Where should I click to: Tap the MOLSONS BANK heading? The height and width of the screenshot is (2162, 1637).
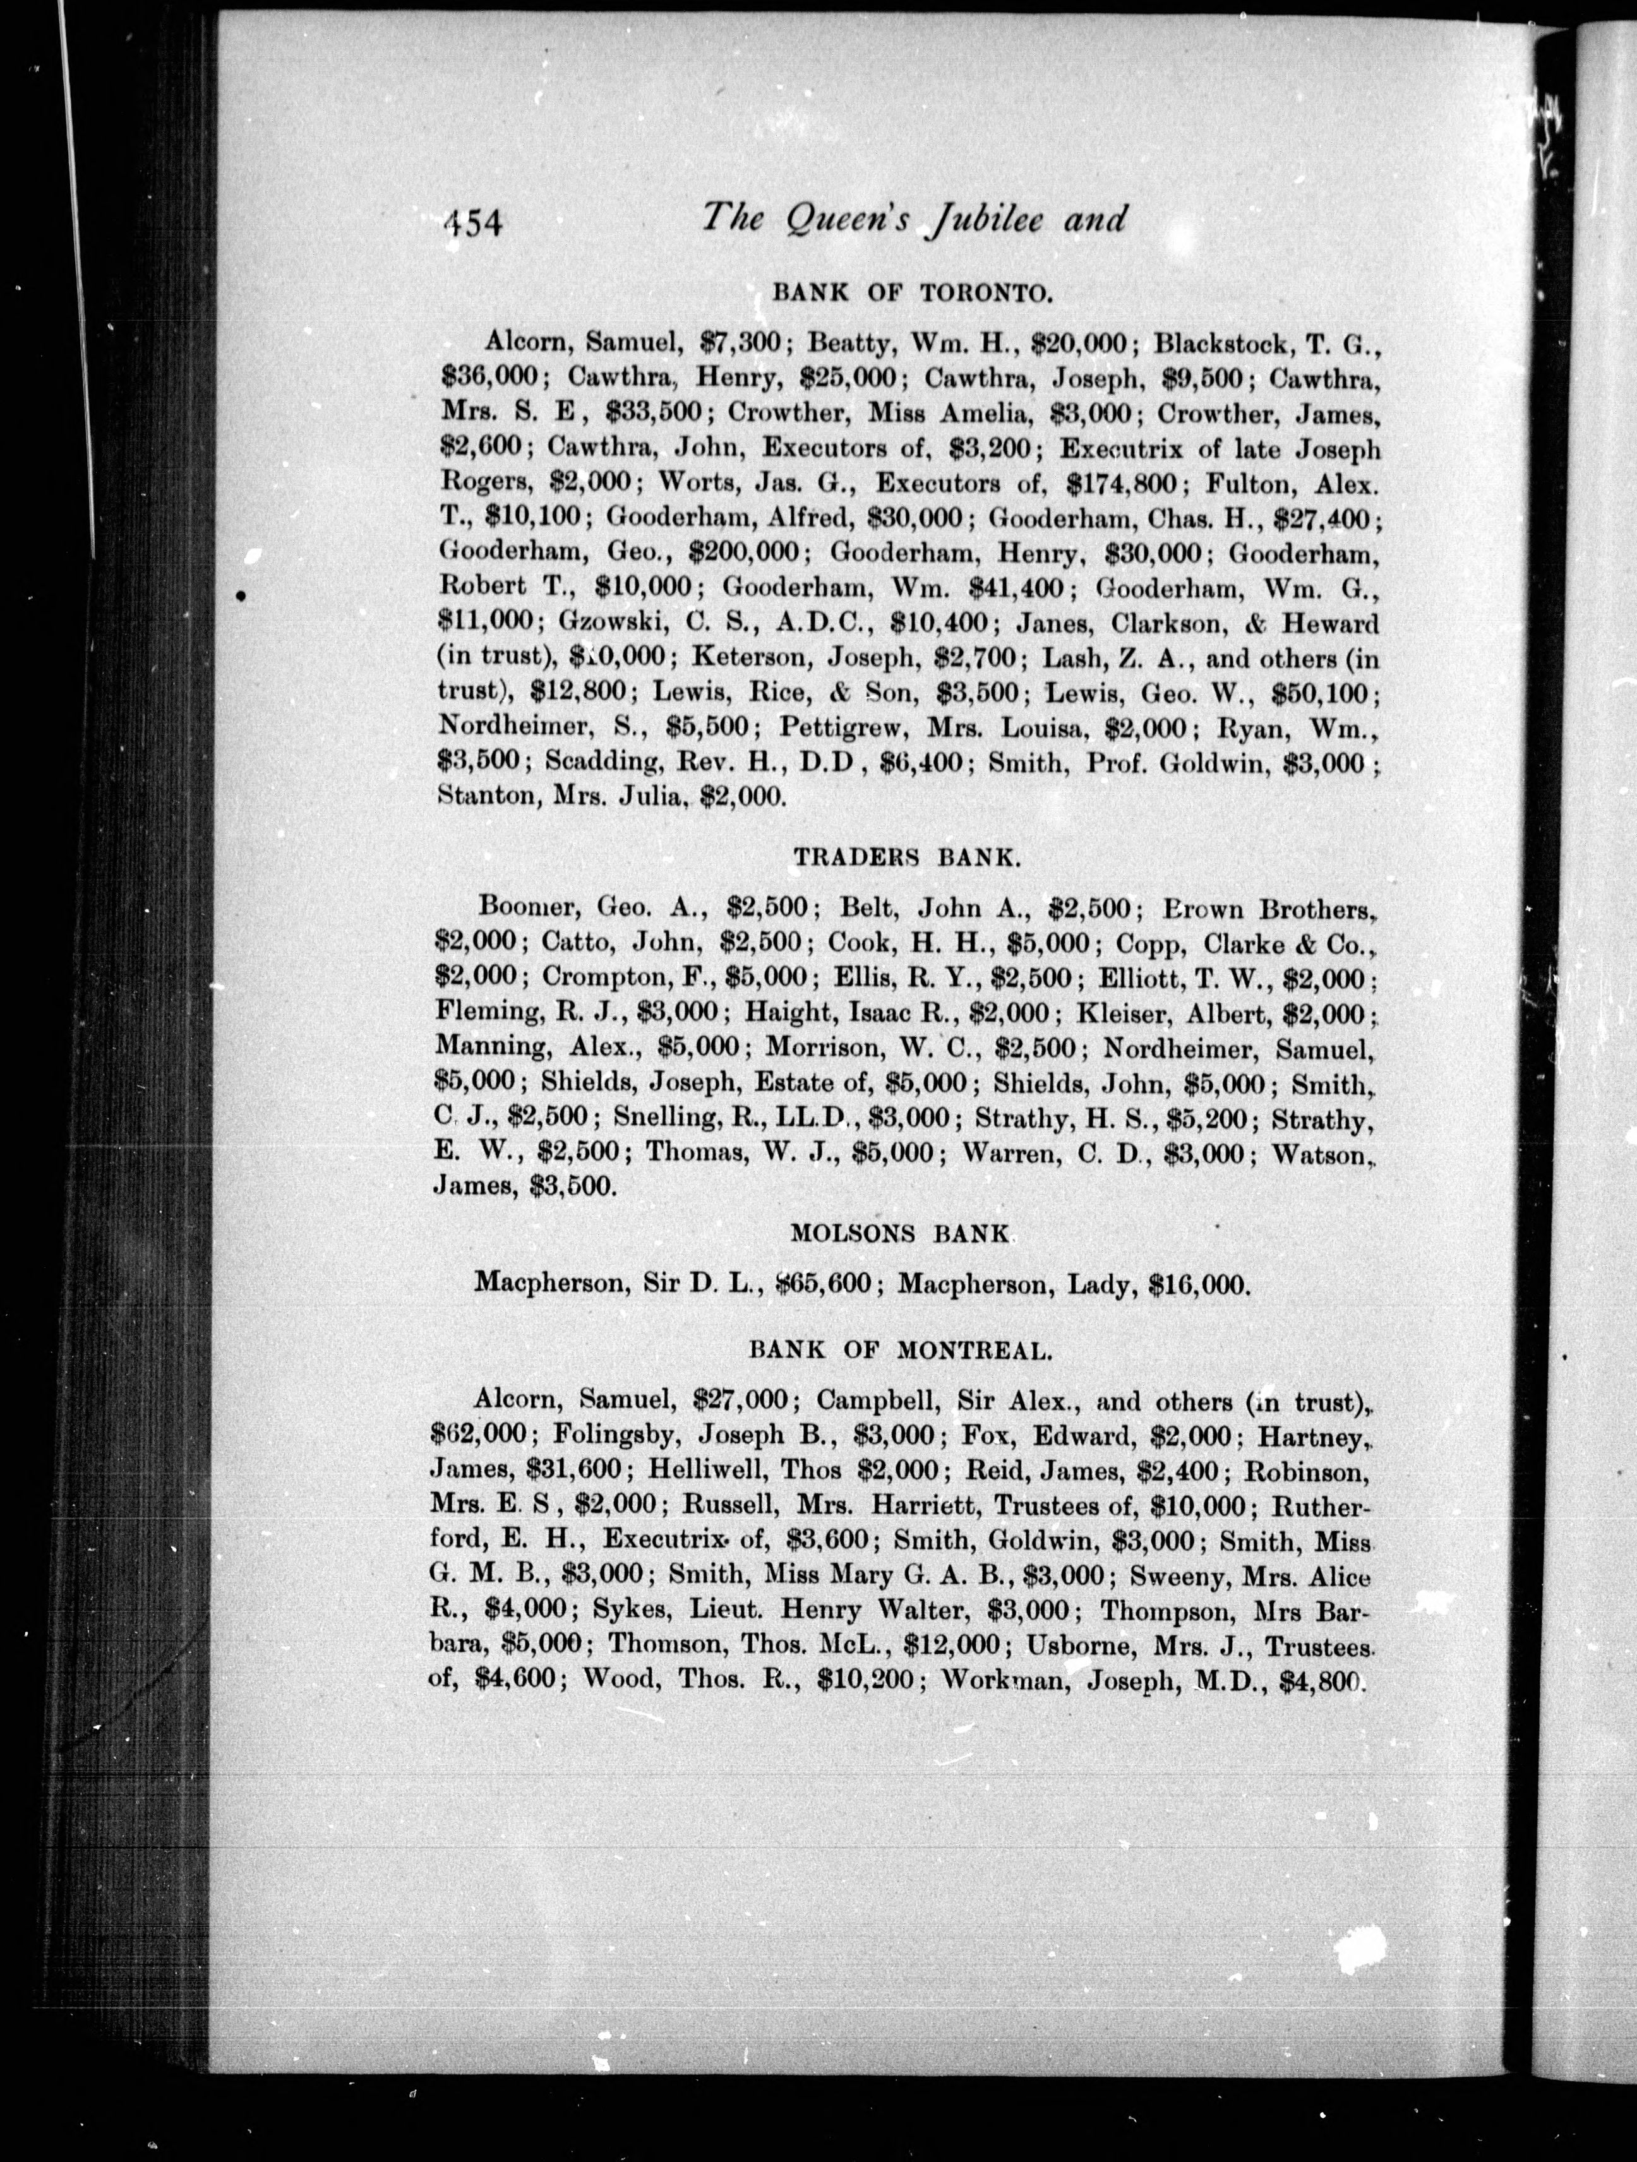click(x=899, y=1233)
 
